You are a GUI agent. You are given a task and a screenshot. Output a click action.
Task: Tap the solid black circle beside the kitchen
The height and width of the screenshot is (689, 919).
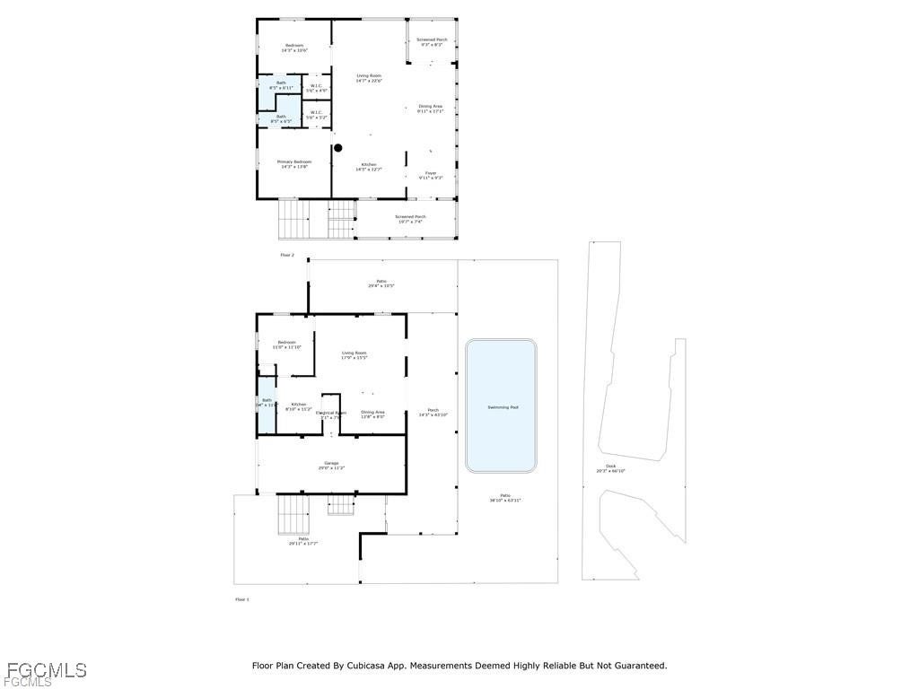(338, 148)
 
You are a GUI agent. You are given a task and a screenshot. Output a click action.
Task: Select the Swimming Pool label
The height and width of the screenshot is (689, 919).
(503, 407)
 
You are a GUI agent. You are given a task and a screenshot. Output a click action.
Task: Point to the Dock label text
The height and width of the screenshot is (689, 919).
(611, 467)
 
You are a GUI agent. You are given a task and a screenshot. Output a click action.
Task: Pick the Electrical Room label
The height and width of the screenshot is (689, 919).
(330, 414)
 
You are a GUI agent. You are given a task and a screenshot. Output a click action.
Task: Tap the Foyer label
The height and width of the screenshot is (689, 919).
(431, 173)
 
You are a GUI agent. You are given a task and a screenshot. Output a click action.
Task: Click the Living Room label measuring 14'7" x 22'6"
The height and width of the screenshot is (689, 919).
(369, 78)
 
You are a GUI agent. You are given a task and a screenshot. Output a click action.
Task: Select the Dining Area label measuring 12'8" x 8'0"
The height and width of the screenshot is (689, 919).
(372, 414)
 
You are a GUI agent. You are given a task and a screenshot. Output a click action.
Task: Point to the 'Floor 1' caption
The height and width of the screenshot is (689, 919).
(241, 598)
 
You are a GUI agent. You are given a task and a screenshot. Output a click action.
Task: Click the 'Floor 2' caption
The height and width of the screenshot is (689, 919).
(287, 255)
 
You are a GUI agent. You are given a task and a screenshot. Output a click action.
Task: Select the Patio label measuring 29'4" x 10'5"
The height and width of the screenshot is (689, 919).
(381, 283)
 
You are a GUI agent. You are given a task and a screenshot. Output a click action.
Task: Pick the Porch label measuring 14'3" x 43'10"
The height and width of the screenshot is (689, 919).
(433, 413)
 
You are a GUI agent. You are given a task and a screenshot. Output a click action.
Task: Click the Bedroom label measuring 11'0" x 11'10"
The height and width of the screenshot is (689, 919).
(286, 344)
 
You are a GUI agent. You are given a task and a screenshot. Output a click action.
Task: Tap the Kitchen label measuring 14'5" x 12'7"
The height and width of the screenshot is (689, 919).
(369, 166)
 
